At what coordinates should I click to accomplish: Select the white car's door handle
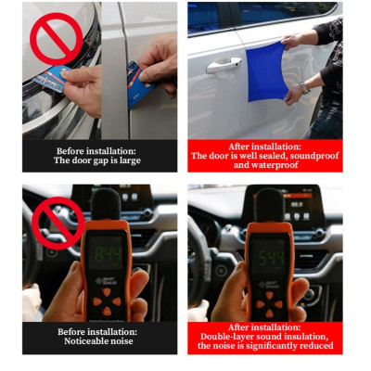(223, 65)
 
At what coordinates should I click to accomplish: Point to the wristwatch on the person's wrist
(304, 87)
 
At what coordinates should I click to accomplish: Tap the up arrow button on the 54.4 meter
(267, 290)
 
